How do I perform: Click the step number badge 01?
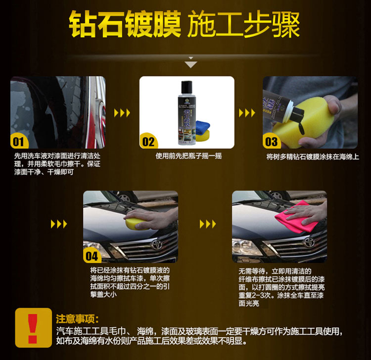(x=19, y=142)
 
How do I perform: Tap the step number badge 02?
(x=148, y=142)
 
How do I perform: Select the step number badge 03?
(x=272, y=142)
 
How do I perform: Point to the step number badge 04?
(x=92, y=256)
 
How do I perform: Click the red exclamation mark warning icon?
(x=33, y=328)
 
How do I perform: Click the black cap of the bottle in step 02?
(x=186, y=87)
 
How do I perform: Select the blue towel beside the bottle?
(x=202, y=126)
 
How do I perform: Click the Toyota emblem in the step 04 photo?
(x=157, y=244)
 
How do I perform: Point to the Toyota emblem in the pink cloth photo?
(x=310, y=242)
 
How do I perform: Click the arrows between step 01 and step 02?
(x=122, y=113)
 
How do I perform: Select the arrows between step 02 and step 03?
(x=247, y=113)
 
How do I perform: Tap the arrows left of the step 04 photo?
(x=59, y=224)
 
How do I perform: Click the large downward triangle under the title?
(x=191, y=64)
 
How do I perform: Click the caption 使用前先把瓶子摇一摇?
(x=188, y=156)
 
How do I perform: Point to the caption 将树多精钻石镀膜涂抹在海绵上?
(x=313, y=157)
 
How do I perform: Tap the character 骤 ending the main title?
(x=286, y=24)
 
